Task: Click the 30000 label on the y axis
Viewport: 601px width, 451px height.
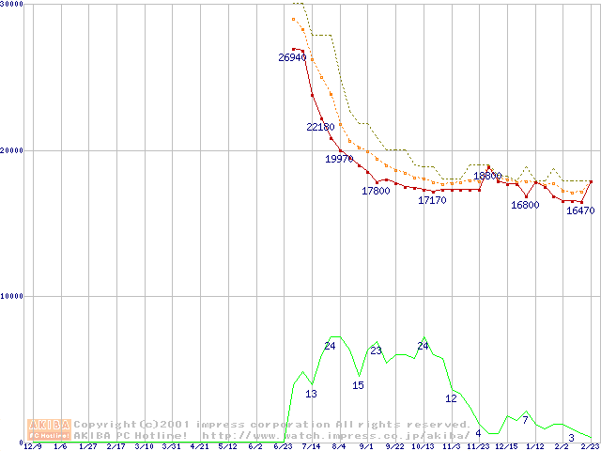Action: tap(12, 4)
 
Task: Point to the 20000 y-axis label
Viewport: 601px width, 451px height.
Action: tap(12, 149)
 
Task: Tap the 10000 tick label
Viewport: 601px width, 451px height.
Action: tap(12, 296)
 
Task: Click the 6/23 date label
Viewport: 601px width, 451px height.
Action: tap(283, 447)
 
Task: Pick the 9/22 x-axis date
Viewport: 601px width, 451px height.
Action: tap(394, 447)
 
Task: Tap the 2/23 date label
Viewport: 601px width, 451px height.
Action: tap(589, 447)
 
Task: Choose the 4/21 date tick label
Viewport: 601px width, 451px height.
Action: tap(200, 447)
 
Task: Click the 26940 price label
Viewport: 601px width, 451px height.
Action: tap(292, 57)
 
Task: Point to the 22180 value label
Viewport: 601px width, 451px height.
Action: tap(320, 127)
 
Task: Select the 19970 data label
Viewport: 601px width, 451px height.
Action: tap(339, 159)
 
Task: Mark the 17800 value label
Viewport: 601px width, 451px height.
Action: tap(376, 191)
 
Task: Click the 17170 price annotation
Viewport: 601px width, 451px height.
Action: tap(432, 200)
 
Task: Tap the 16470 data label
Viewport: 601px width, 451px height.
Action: tap(580, 210)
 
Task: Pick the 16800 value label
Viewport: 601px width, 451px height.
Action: tap(525, 205)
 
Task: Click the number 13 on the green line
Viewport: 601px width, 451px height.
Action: tap(311, 394)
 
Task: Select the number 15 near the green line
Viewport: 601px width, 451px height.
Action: tap(358, 385)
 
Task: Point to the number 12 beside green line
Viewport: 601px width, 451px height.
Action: tap(451, 398)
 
